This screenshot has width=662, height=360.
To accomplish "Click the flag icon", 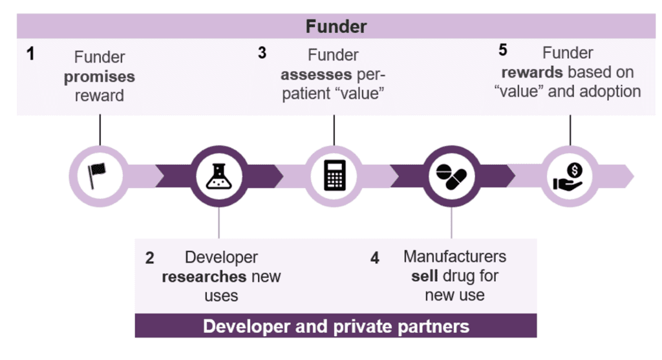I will pos(98,175).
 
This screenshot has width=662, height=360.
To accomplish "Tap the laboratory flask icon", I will pos(220,175).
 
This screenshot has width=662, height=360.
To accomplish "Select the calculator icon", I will pos(334,175).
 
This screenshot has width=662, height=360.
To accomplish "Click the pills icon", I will pos(451,175).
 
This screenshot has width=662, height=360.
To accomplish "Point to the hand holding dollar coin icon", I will pos(569,175).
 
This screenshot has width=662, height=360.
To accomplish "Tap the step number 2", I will pos(149,258).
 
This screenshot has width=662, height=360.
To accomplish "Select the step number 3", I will pos(262,53).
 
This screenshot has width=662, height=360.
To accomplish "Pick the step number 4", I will pos(375,258).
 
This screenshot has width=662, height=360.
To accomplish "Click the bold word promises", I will pos(99,76).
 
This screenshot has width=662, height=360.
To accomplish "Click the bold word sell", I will pos(425,276).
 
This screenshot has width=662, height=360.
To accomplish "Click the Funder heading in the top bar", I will pos(336,26).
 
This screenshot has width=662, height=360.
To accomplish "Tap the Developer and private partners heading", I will pos(336,326).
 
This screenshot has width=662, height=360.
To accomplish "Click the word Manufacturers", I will pos(454,257).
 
